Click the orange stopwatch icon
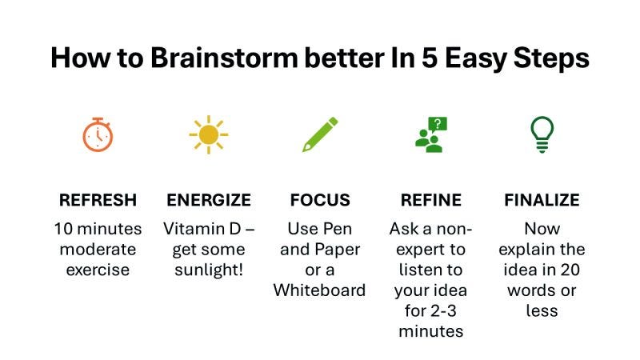click(x=98, y=134)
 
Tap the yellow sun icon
click(x=209, y=134)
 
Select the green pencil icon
click(x=320, y=134)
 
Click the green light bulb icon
click(x=542, y=134)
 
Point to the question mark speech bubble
click(x=438, y=124)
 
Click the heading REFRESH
click(x=98, y=200)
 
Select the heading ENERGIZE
click(x=209, y=200)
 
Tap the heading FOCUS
click(x=320, y=200)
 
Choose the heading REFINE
click(x=431, y=200)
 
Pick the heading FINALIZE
click(x=542, y=200)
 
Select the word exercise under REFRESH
click(x=98, y=270)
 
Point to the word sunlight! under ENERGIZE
click(x=209, y=270)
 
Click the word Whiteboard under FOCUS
click(x=320, y=290)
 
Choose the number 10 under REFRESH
click(x=64, y=229)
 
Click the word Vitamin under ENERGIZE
click(x=191, y=229)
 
